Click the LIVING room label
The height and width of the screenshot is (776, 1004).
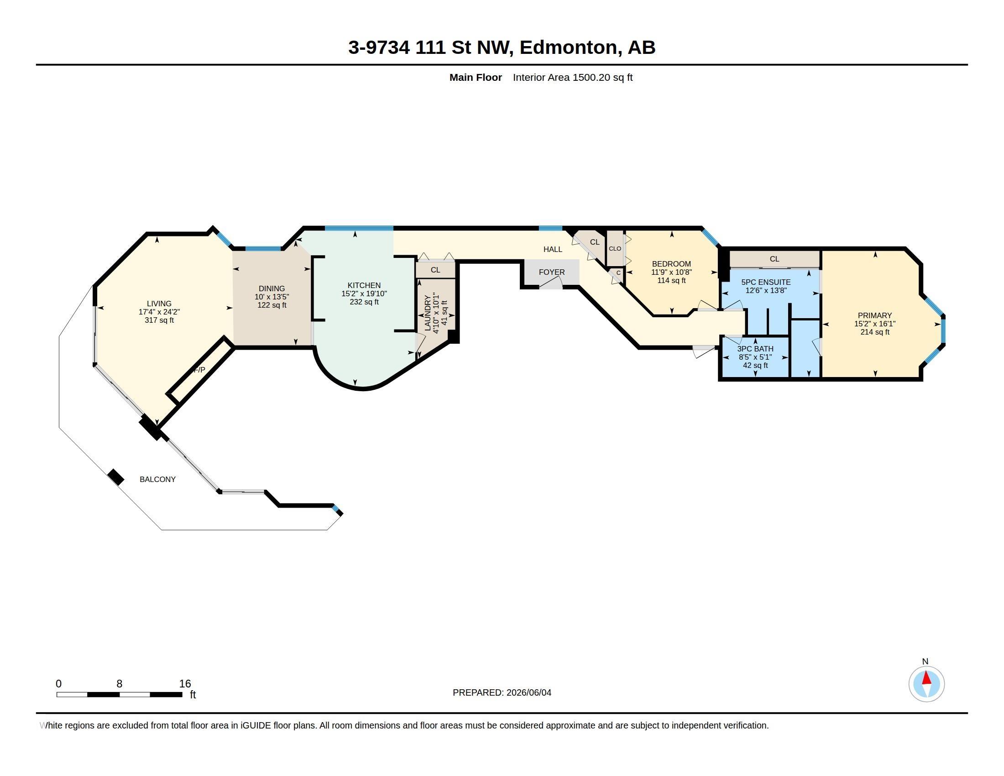(159, 304)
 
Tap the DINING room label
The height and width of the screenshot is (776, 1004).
(272, 288)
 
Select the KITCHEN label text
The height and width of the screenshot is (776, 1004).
(364, 285)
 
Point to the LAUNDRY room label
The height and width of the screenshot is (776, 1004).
(428, 313)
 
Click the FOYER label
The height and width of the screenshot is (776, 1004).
(552, 272)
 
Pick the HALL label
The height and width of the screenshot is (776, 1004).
(553, 249)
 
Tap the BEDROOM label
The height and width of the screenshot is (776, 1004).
(671, 264)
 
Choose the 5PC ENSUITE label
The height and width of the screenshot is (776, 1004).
(766, 282)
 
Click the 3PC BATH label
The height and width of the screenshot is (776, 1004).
(755, 349)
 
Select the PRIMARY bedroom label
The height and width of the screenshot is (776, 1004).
(875, 315)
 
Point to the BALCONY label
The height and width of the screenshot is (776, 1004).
(158, 479)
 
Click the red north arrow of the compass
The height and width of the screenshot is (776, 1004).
(927, 678)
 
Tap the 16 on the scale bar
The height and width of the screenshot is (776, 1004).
(185, 684)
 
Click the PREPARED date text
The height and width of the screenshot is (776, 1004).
(502, 692)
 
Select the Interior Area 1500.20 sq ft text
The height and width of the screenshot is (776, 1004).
(573, 77)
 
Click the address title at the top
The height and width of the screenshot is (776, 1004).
(502, 47)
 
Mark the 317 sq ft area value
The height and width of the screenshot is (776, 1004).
(159, 320)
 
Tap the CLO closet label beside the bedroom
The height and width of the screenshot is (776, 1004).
(615, 249)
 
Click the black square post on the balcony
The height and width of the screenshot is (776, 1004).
(116, 477)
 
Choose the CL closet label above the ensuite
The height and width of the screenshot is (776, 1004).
(774, 259)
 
